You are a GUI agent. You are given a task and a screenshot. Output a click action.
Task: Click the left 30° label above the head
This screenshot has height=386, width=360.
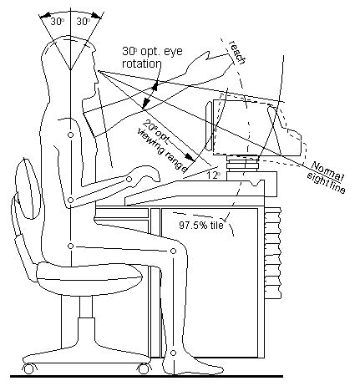pyautogui.click(x=58, y=22)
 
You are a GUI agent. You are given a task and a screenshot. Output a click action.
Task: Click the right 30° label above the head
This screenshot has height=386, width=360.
pyautogui.click(x=84, y=22)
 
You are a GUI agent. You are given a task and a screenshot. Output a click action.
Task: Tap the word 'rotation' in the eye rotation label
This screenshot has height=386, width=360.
pyautogui.click(x=142, y=63)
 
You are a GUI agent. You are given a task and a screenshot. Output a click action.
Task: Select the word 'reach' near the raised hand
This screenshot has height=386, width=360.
pyautogui.click(x=237, y=52)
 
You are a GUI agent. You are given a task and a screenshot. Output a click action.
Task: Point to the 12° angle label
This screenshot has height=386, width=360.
pyautogui.click(x=214, y=175)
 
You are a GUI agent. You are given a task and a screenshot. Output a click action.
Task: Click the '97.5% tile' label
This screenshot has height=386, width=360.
pyautogui.click(x=201, y=225)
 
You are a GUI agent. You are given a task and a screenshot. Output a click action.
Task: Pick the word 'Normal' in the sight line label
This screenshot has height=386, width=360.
pyautogui.click(x=327, y=171)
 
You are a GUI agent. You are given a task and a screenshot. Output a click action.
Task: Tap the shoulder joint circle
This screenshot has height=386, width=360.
pyautogui.click(x=71, y=135)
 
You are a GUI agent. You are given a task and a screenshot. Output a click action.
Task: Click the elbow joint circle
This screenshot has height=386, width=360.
pyautogui.click(x=71, y=200)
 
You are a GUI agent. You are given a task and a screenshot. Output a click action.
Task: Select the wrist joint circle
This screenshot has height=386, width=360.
pyautogui.click(x=129, y=180)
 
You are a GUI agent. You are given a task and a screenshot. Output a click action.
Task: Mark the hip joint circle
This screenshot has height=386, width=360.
pyautogui.click(x=71, y=246)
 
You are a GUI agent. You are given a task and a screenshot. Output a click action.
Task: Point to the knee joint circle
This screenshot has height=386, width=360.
pyautogui.click(x=173, y=251)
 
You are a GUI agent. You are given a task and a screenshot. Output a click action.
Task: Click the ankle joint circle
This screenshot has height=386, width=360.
pyautogui.click(x=173, y=353)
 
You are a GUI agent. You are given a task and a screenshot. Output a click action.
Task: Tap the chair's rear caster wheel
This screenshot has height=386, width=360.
pyautogui.click(x=28, y=369)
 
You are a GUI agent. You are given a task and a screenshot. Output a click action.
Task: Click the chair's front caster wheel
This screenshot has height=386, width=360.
pyautogui.click(x=144, y=369)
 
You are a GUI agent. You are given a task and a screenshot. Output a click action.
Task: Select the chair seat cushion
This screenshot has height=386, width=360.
pyautogui.click(x=89, y=277)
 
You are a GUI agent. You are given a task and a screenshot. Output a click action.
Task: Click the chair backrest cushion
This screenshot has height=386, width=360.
pyautogui.click(x=28, y=190)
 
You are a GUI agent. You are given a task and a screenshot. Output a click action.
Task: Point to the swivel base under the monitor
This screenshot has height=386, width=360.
pyautogui.click(x=242, y=162)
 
